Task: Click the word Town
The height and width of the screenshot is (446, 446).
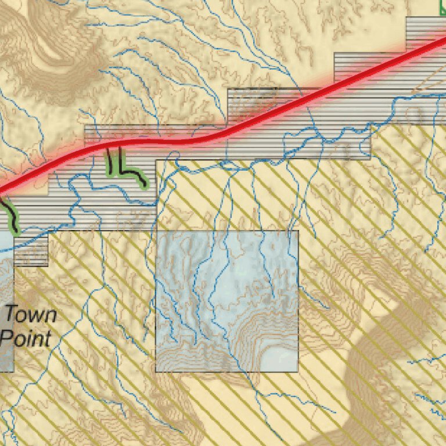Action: pos(31,315)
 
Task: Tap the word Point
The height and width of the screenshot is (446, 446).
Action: pos(26,338)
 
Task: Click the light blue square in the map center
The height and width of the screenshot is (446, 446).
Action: pos(227,301)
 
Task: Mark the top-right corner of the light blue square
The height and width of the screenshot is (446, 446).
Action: pos(298,231)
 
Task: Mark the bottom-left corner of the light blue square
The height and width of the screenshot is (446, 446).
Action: pos(156,372)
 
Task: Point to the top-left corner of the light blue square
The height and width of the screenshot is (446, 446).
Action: pos(156,231)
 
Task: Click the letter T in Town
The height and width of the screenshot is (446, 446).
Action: pos(11,315)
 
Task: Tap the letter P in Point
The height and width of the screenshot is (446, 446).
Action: pos(6,338)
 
